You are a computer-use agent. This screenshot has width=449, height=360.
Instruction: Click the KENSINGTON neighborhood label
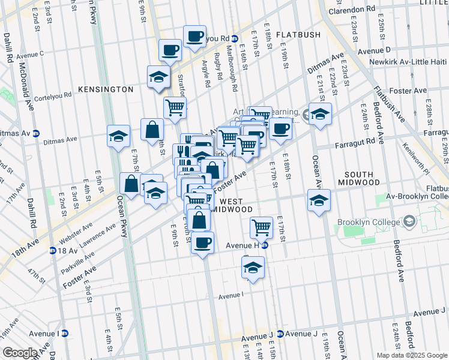[x=105, y=89]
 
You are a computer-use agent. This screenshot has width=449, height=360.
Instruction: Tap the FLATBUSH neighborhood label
[x=300, y=35]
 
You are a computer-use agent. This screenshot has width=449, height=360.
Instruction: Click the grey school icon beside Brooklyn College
[x=410, y=222]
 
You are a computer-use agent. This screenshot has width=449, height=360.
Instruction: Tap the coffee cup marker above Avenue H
[x=203, y=243]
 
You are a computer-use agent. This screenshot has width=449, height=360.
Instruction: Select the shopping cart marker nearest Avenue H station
[x=261, y=227]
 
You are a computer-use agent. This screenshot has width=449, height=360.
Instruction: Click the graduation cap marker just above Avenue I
[x=253, y=268]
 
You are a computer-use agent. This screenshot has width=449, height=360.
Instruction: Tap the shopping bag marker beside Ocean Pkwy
[x=131, y=184]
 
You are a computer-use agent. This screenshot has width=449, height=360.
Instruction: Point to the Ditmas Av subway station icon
[x=36, y=133]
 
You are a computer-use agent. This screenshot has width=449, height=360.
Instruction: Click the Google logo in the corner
[x=20, y=353]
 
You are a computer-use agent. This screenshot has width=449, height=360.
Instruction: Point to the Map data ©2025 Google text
[x=411, y=355]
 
